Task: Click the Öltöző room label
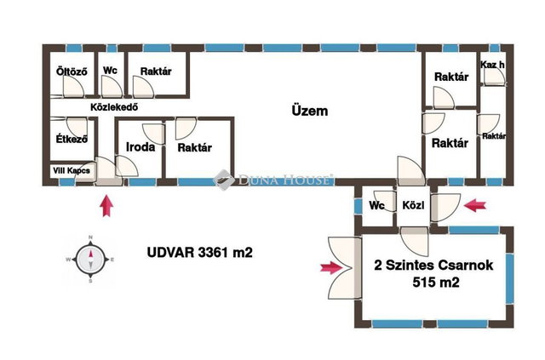pyautogui.click(x=72, y=71)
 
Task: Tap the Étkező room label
pyautogui.click(x=72, y=139)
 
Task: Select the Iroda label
pyautogui.click(x=141, y=147)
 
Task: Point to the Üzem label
pyautogui.click(x=309, y=111)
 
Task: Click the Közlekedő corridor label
pyautogui.click(x=114, y=107)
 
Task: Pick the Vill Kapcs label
pyautogui.click(x=72, y=170)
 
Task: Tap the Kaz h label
pyautogui.click(x=492, y=65)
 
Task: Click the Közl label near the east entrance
pyautogui.click(x=413, y=205)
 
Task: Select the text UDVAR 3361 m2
pyautogui.click(x=200, y=252)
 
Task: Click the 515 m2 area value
pyautogui.click(x=436, y=283)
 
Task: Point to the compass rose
pyautogui.click(x=91, y=260)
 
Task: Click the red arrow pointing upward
pyautogui.click(x=106, y=206)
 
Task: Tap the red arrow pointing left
pyautogui.click(x=475, y=205)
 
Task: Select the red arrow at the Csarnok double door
pyautogui.click(x=331, y=267)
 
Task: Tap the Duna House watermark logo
pyautogui.click(x=273, y=180)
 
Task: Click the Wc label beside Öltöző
pyautogui.click(x=110, y=70)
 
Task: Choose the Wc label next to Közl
pyautogui.click(x=376, y=205)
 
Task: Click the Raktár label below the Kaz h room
pyautogui.click(x=494, y=136)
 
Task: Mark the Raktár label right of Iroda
pyautogui.click(x=195, y=148)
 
